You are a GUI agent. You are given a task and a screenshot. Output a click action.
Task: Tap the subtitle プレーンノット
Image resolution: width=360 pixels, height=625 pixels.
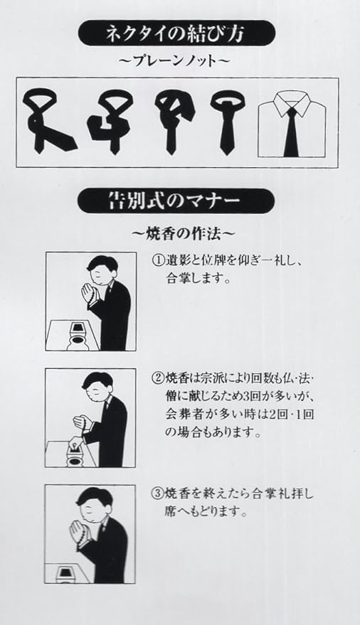pos(176,61)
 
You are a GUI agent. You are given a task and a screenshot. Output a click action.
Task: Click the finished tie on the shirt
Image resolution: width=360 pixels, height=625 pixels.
pos(291,132)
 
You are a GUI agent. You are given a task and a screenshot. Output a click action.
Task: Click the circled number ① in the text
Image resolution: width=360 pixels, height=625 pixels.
pos(158,262)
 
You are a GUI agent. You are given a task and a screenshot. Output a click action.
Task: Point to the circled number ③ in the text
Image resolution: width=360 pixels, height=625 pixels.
pos(157,494)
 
